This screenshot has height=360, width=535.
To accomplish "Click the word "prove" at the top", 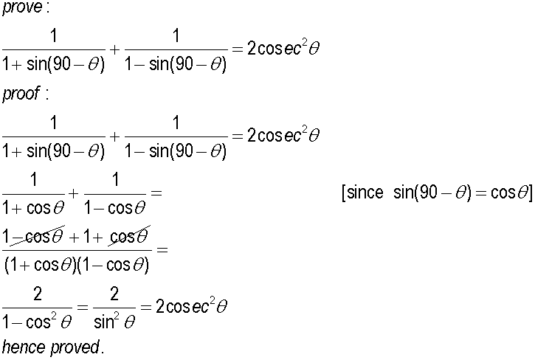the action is tap(22, 7).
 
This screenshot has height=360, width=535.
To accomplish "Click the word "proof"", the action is tap(21, 93).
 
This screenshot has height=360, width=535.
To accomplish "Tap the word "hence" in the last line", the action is tap(24, 347).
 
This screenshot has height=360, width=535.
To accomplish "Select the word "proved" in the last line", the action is tap(75, 347).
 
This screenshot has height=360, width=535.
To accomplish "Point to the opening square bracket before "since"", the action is tap(344, 193).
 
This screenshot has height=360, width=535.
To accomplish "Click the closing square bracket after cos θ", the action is tap(531, 193).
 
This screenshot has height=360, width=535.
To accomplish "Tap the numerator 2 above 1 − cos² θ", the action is tap(38, 294).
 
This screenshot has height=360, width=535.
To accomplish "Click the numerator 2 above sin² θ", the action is tap(114, 294).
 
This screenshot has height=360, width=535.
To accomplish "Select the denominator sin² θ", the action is tap(114, 322).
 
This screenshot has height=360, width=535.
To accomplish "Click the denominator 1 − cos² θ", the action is tap(37, 322).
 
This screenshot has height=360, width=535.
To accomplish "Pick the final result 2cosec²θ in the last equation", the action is tap(191, 305).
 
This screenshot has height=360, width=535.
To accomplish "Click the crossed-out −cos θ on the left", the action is tap(38, 235).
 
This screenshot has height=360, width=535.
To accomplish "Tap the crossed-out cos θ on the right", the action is tap(129, 235).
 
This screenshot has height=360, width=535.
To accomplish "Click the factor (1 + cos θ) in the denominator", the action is tap(41, 265).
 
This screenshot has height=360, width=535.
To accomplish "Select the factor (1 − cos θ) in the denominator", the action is tap(114, 265).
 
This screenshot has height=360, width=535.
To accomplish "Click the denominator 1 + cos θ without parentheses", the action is tap(33, 207).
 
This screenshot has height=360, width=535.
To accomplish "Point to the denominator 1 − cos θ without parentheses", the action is tap(115, 207).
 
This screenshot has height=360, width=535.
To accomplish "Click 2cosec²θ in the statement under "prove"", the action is tap(283, 48).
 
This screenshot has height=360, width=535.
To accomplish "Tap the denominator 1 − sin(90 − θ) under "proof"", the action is tap(176, 150).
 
